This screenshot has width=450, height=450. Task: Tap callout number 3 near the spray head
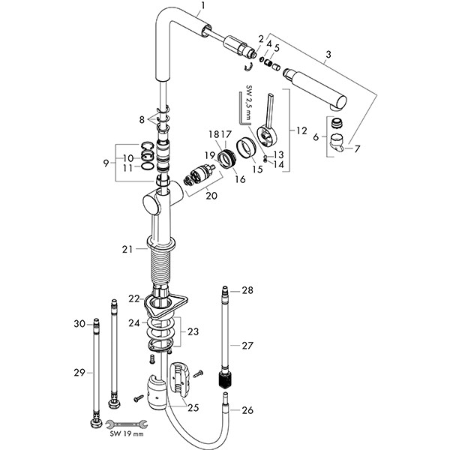(x=327, y=55)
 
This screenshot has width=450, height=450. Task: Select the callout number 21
(x=127, y=248)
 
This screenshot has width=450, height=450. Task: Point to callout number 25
(x=193, y=408)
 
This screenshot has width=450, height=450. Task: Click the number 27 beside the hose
(x=247, y=346)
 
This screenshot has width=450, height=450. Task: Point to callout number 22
(x=133, y=298)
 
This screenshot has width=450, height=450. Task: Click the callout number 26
(x=247, y=409)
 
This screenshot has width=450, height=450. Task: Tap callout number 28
(x=247, y=289)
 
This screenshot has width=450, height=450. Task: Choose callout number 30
(x=79, y=324)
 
